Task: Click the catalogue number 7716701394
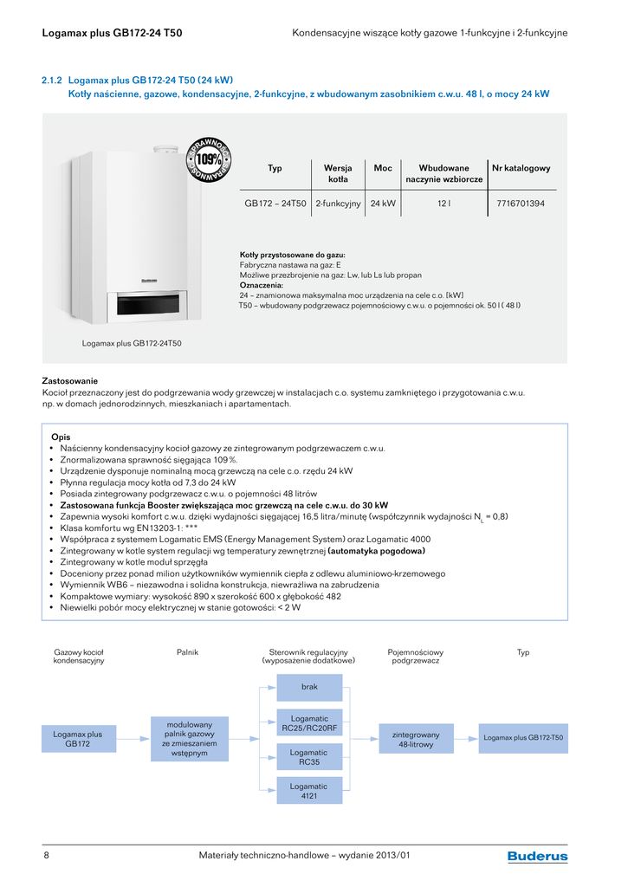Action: point(521,204)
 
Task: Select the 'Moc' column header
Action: point(383,168)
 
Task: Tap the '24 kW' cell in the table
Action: point(383,204)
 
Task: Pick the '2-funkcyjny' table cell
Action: point(338,204)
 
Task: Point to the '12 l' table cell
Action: point(443,204)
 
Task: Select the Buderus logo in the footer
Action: point(537,857)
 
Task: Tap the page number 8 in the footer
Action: point(46,856)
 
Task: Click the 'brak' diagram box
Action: point(309,687)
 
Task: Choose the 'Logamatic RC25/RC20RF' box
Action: point(309,723)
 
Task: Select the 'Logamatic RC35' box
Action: point(309,758)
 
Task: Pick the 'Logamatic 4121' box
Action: point(309,791)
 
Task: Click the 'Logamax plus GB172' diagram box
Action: point(78,739)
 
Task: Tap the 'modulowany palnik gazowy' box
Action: point(190,739)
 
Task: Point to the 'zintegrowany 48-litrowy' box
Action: point(416,739)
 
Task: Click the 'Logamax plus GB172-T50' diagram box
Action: point(523,738)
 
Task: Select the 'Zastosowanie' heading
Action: point(70,381)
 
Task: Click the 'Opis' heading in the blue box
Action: point(61,437)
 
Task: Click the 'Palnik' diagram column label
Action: point(187,652)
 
